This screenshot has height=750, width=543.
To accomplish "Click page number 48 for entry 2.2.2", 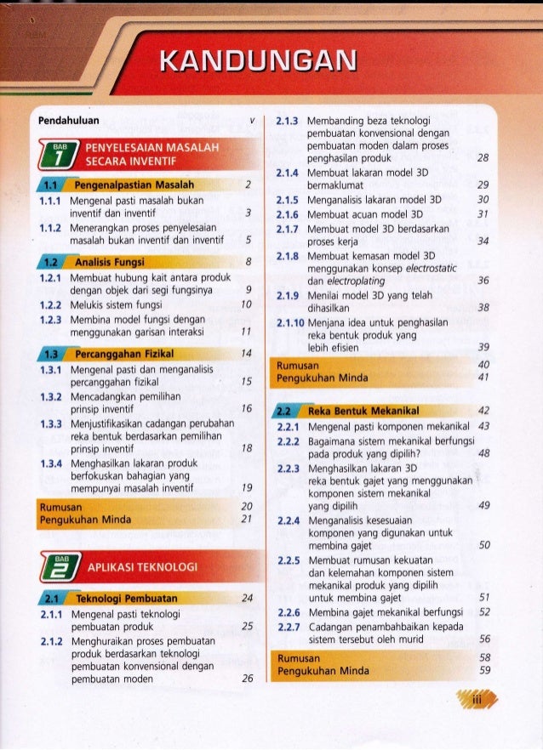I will click(483, 453).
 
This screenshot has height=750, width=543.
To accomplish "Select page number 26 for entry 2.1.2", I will click(247, 679).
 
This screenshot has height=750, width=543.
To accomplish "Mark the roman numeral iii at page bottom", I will click(477, 699).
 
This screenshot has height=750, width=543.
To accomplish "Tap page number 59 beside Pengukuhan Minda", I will click(483, 670).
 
